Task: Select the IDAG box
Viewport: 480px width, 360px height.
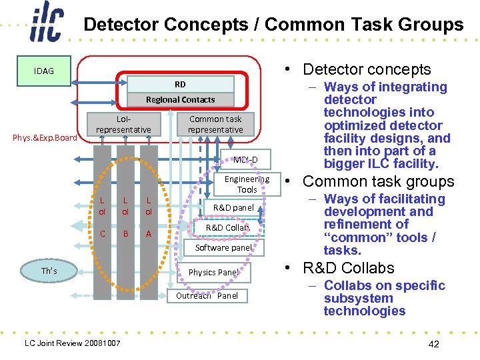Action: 44,71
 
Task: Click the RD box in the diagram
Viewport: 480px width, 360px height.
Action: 181,84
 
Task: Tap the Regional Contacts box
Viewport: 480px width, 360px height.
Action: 181,99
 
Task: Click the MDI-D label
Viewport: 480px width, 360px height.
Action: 245,160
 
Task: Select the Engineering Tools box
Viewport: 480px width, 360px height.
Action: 247,185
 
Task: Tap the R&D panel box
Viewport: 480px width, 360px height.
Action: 233,207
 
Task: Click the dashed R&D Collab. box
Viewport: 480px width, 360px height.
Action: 227,227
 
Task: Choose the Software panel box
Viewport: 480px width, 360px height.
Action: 223,247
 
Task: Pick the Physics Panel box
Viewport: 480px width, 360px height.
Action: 213,272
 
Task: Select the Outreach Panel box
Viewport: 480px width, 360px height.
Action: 207,295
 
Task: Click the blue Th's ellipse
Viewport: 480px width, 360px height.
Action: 49,271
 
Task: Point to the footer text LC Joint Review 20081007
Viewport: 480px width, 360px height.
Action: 72,343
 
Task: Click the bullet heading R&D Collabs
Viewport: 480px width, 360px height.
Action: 348,268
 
